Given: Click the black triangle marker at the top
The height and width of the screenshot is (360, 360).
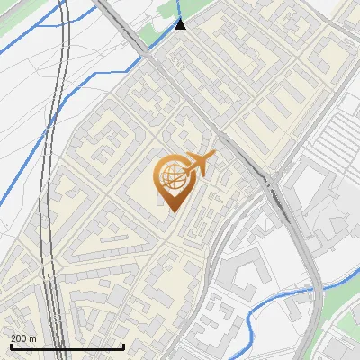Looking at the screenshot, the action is [x=182, y=24].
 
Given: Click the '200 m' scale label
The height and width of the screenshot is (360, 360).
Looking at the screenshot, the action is [x=23, y=338].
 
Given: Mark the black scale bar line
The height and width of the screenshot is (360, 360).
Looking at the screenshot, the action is [x=67, y=347].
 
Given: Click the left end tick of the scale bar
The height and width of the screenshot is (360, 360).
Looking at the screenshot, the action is [x=11, y=346].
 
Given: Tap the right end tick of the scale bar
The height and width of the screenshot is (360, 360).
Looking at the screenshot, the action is [x=123, y=346].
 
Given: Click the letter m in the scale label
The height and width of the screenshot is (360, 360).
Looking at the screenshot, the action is [x=32, y=338].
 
